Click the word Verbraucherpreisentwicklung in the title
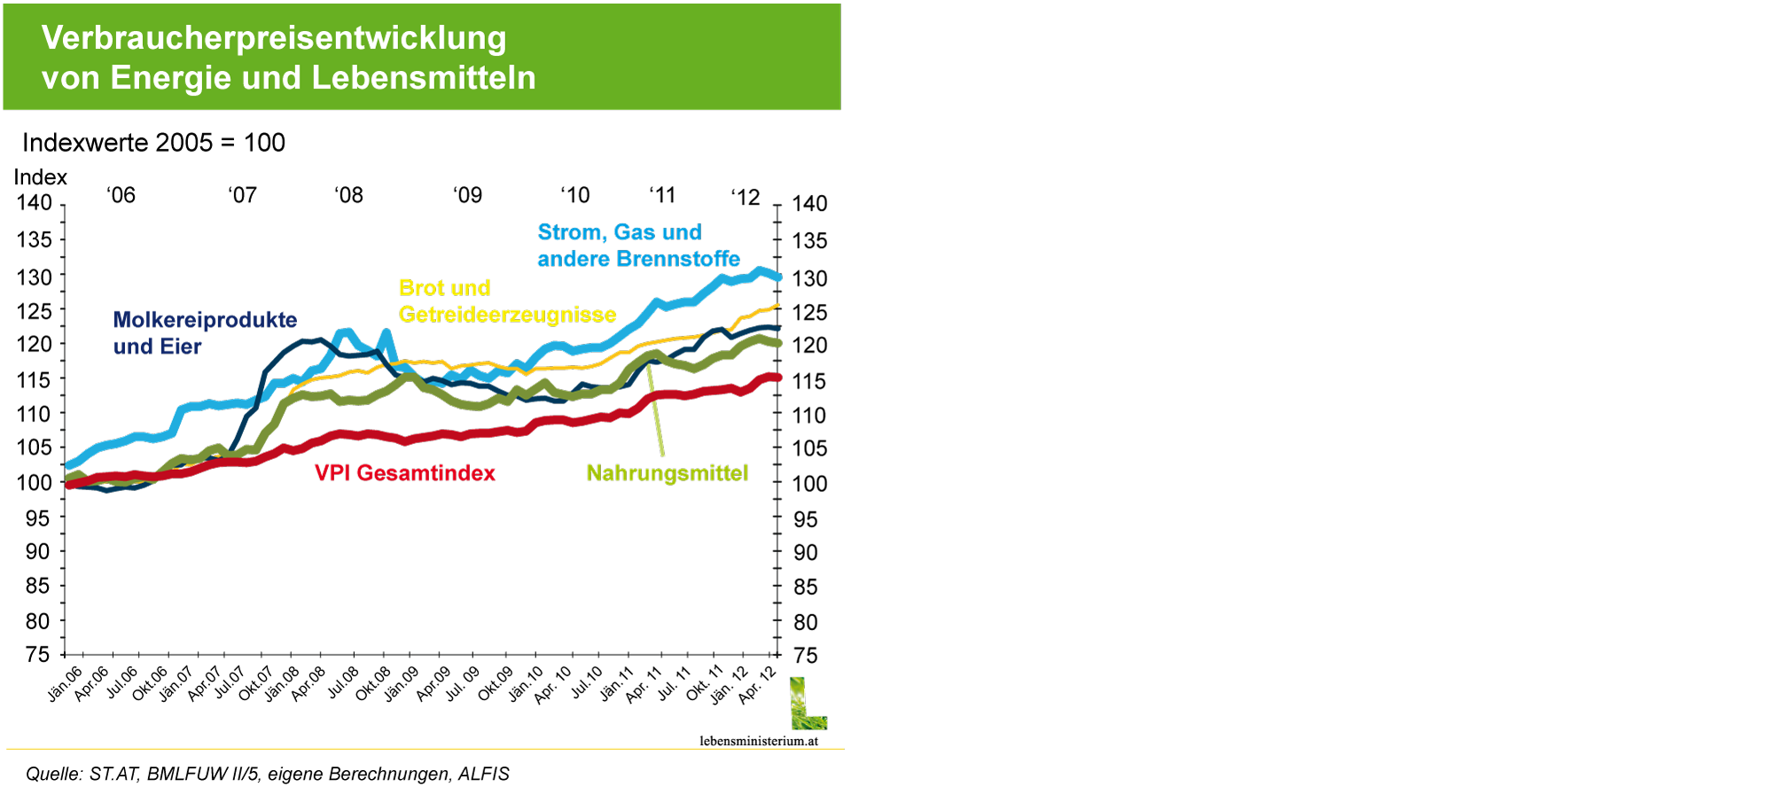[x=274, y=38]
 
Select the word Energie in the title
[x=169, y=78]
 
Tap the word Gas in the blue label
[x=633, y=232]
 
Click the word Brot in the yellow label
[x=420, y=288]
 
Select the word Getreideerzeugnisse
[x=507, y=315]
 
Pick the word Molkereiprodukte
[x=205, y=320]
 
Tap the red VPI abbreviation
[x=332, y=473]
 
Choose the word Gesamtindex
[x=426, y=473]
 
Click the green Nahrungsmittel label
[x=667, y=473]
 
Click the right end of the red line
[x=777, y=378]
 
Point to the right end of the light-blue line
[x=778, y=277]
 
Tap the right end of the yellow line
[x=777, y=306]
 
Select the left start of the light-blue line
[x=68, y=464]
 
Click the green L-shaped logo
[x=807, y=705]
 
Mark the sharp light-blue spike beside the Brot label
[x=386, y=333]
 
